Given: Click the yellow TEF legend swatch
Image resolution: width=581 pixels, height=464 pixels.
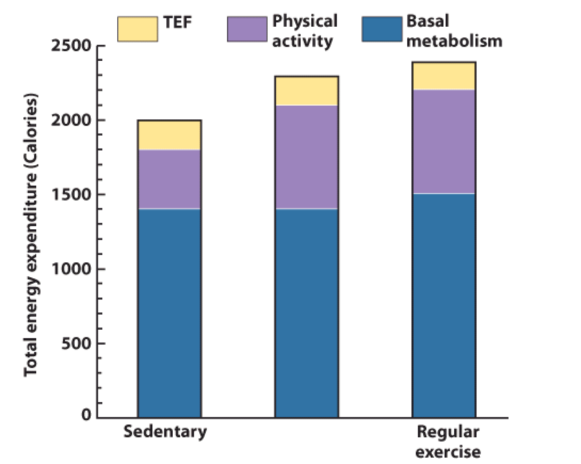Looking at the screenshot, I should [x=137, y=29].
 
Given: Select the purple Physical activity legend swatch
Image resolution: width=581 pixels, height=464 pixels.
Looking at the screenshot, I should [x=247, y=29].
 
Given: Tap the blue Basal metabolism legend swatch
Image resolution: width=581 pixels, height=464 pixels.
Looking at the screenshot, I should [x=382, y=29].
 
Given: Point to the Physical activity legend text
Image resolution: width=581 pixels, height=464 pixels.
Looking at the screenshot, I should [x=305, y=31].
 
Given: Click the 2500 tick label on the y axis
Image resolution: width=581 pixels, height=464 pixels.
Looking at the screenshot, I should [x=71, y=46].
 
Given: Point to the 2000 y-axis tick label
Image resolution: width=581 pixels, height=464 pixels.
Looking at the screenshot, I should [x=71, y=121].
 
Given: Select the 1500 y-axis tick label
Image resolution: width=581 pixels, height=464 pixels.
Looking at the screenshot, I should [x=71, y=195].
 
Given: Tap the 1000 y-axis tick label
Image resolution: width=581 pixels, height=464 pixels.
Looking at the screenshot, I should [x=71, y=269].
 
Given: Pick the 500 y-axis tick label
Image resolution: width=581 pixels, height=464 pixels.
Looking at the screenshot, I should [x=76, y=343].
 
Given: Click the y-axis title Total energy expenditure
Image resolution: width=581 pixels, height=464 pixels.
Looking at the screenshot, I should [x=31, y=235].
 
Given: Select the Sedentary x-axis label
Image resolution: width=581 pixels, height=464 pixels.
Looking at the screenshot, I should [x=165, y=431].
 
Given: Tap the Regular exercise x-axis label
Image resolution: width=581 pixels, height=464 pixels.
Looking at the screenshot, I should [x=448, y=442].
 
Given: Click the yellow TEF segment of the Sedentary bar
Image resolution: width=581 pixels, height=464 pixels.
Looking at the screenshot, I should [x=170, y=135].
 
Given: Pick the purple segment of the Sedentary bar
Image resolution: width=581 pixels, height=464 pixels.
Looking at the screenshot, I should [x=170, y=179].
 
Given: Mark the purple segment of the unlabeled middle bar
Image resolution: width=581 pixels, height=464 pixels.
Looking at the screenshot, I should [x=306, y=157].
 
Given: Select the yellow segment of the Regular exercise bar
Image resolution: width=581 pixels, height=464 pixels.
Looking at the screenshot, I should [x=443, y=76].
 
